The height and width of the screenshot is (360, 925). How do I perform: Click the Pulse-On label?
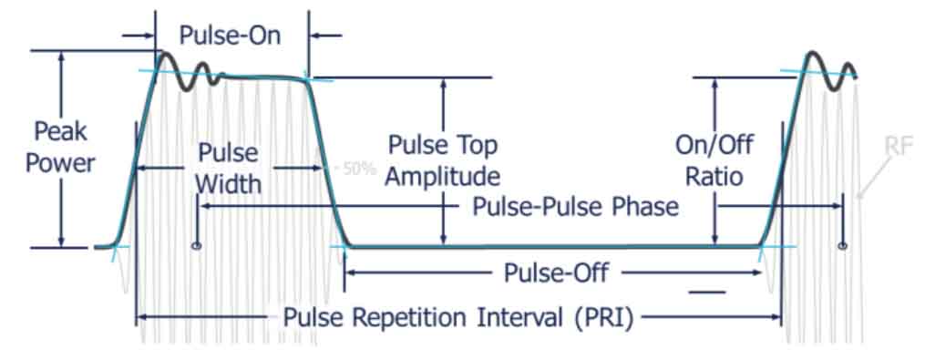(x=230, y=36)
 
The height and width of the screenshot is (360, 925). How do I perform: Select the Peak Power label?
(x=62, y=148)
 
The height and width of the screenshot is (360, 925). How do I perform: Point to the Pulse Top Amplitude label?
(x=443, y=160)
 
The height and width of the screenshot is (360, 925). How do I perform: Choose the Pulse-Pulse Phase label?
(x=575, y=207)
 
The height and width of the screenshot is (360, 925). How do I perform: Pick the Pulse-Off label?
(x=555, y=272)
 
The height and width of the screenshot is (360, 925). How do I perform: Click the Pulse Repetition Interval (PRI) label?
(x=457, y=318)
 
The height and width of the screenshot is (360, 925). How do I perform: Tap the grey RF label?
(x=898, y=146)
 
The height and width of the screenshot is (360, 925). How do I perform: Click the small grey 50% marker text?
(x=358, y=170)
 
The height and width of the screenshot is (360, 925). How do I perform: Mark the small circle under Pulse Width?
(x=196, y=246)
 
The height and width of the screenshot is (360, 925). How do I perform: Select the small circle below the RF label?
(x=843, y=245)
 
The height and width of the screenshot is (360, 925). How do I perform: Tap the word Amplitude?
(x=443, y=176)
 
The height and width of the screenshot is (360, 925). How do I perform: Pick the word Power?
(x=62, y=163)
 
